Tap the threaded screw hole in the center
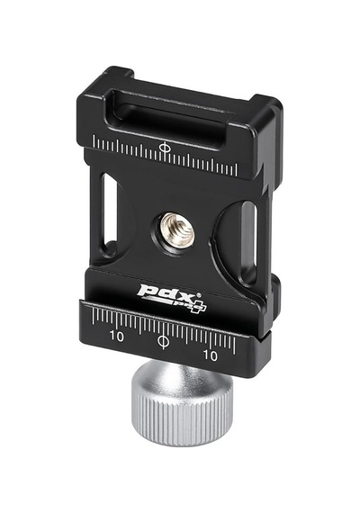click(176, 229)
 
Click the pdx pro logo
click(172, 297)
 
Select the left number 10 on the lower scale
click(117, 336)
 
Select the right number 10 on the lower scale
click(210, 355)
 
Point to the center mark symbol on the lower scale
click(163, 341)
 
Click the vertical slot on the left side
click(109, 212)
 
